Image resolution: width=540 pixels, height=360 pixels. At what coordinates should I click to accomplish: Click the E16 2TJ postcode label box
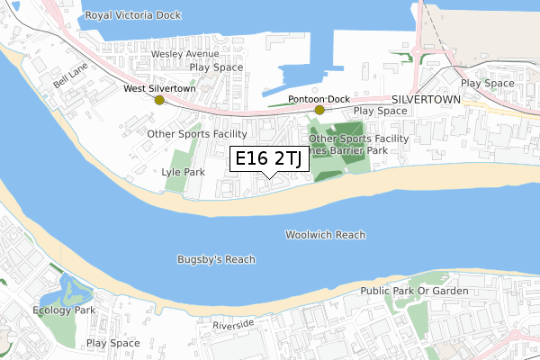pos(268,159)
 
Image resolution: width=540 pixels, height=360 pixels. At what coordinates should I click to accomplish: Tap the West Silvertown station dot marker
pos(159,101)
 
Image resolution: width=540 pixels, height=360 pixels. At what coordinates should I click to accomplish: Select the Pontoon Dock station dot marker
pos(319,110)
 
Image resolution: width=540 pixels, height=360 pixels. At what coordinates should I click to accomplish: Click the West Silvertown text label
pos(158,89)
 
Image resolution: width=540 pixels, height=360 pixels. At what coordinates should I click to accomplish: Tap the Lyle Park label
pos(184,171)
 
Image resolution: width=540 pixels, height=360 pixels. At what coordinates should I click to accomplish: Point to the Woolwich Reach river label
pos(326,235)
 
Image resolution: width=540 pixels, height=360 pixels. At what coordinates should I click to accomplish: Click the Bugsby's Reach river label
pos(216,259)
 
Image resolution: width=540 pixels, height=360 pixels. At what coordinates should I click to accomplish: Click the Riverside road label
pos(234,323)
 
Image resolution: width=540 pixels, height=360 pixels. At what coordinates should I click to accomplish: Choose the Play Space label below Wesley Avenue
pos(216,67)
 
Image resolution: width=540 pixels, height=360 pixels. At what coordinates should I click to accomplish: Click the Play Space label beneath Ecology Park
pos(112,343)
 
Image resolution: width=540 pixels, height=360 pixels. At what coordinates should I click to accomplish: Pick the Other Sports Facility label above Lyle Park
pos(196,133)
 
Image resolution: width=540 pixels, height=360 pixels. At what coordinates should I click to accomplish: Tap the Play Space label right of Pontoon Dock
pos(381,111)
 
